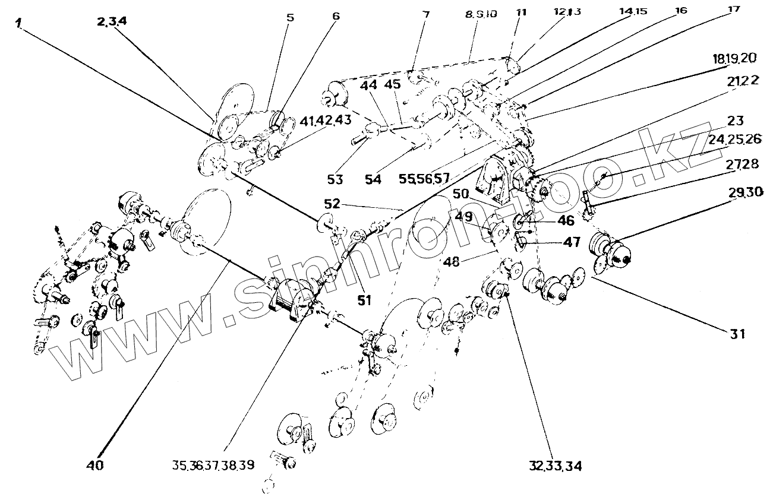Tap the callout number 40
coord(95,466)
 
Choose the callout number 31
coord(737,334)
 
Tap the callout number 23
coord(735,121)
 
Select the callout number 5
coord(290,18)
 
